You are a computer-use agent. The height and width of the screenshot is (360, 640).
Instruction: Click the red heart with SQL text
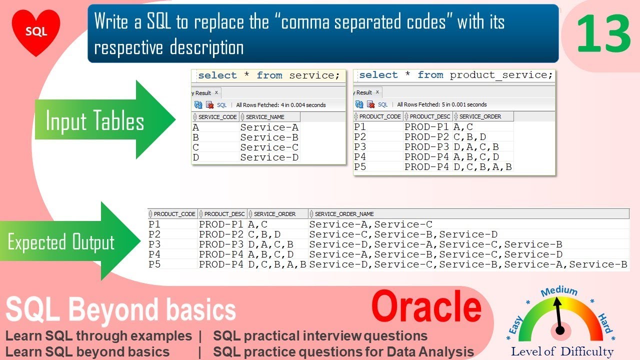pyautogui.click(x=36, y=31)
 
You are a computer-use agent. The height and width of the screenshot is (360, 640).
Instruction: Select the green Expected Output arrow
pyautogui.click(x=70, y=242)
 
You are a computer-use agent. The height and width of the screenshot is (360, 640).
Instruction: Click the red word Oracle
pyautogui.click(x=426, y=307)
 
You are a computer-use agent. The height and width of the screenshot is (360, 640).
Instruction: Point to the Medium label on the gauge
pyautogui.click(x=559, y=291)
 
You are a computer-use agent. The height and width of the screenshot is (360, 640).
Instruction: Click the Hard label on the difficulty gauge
pyautogui.click(x=605, y=323)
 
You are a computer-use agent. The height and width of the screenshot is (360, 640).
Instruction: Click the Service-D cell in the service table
pyautogui.click(x=269, y=157)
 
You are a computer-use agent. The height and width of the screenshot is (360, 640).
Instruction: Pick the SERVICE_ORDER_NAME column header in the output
pyautogui.click(x=344, y=214)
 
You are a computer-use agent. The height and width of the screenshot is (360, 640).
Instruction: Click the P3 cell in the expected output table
pyautogui.click(x=154, y=244)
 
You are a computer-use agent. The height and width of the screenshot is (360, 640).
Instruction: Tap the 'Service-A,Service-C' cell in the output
pyautogui.click(x=370, y=224)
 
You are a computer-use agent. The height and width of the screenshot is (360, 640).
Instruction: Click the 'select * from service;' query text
pyautogui.click(x=268, y=75)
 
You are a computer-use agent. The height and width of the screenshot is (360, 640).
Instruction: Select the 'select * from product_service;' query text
pyautogui.click(x=455, y=75)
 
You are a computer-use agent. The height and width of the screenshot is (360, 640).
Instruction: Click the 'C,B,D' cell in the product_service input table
pyautogui.click(x=469, y=137)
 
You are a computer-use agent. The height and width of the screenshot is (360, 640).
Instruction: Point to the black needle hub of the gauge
pyautogui.click(x=560, y=330)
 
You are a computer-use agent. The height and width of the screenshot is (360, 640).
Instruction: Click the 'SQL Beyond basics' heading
pyautogui.click(x=120, y=309)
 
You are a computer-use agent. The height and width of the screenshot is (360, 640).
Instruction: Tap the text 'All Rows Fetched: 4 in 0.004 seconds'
pyautogui.click(x=280, y=105)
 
